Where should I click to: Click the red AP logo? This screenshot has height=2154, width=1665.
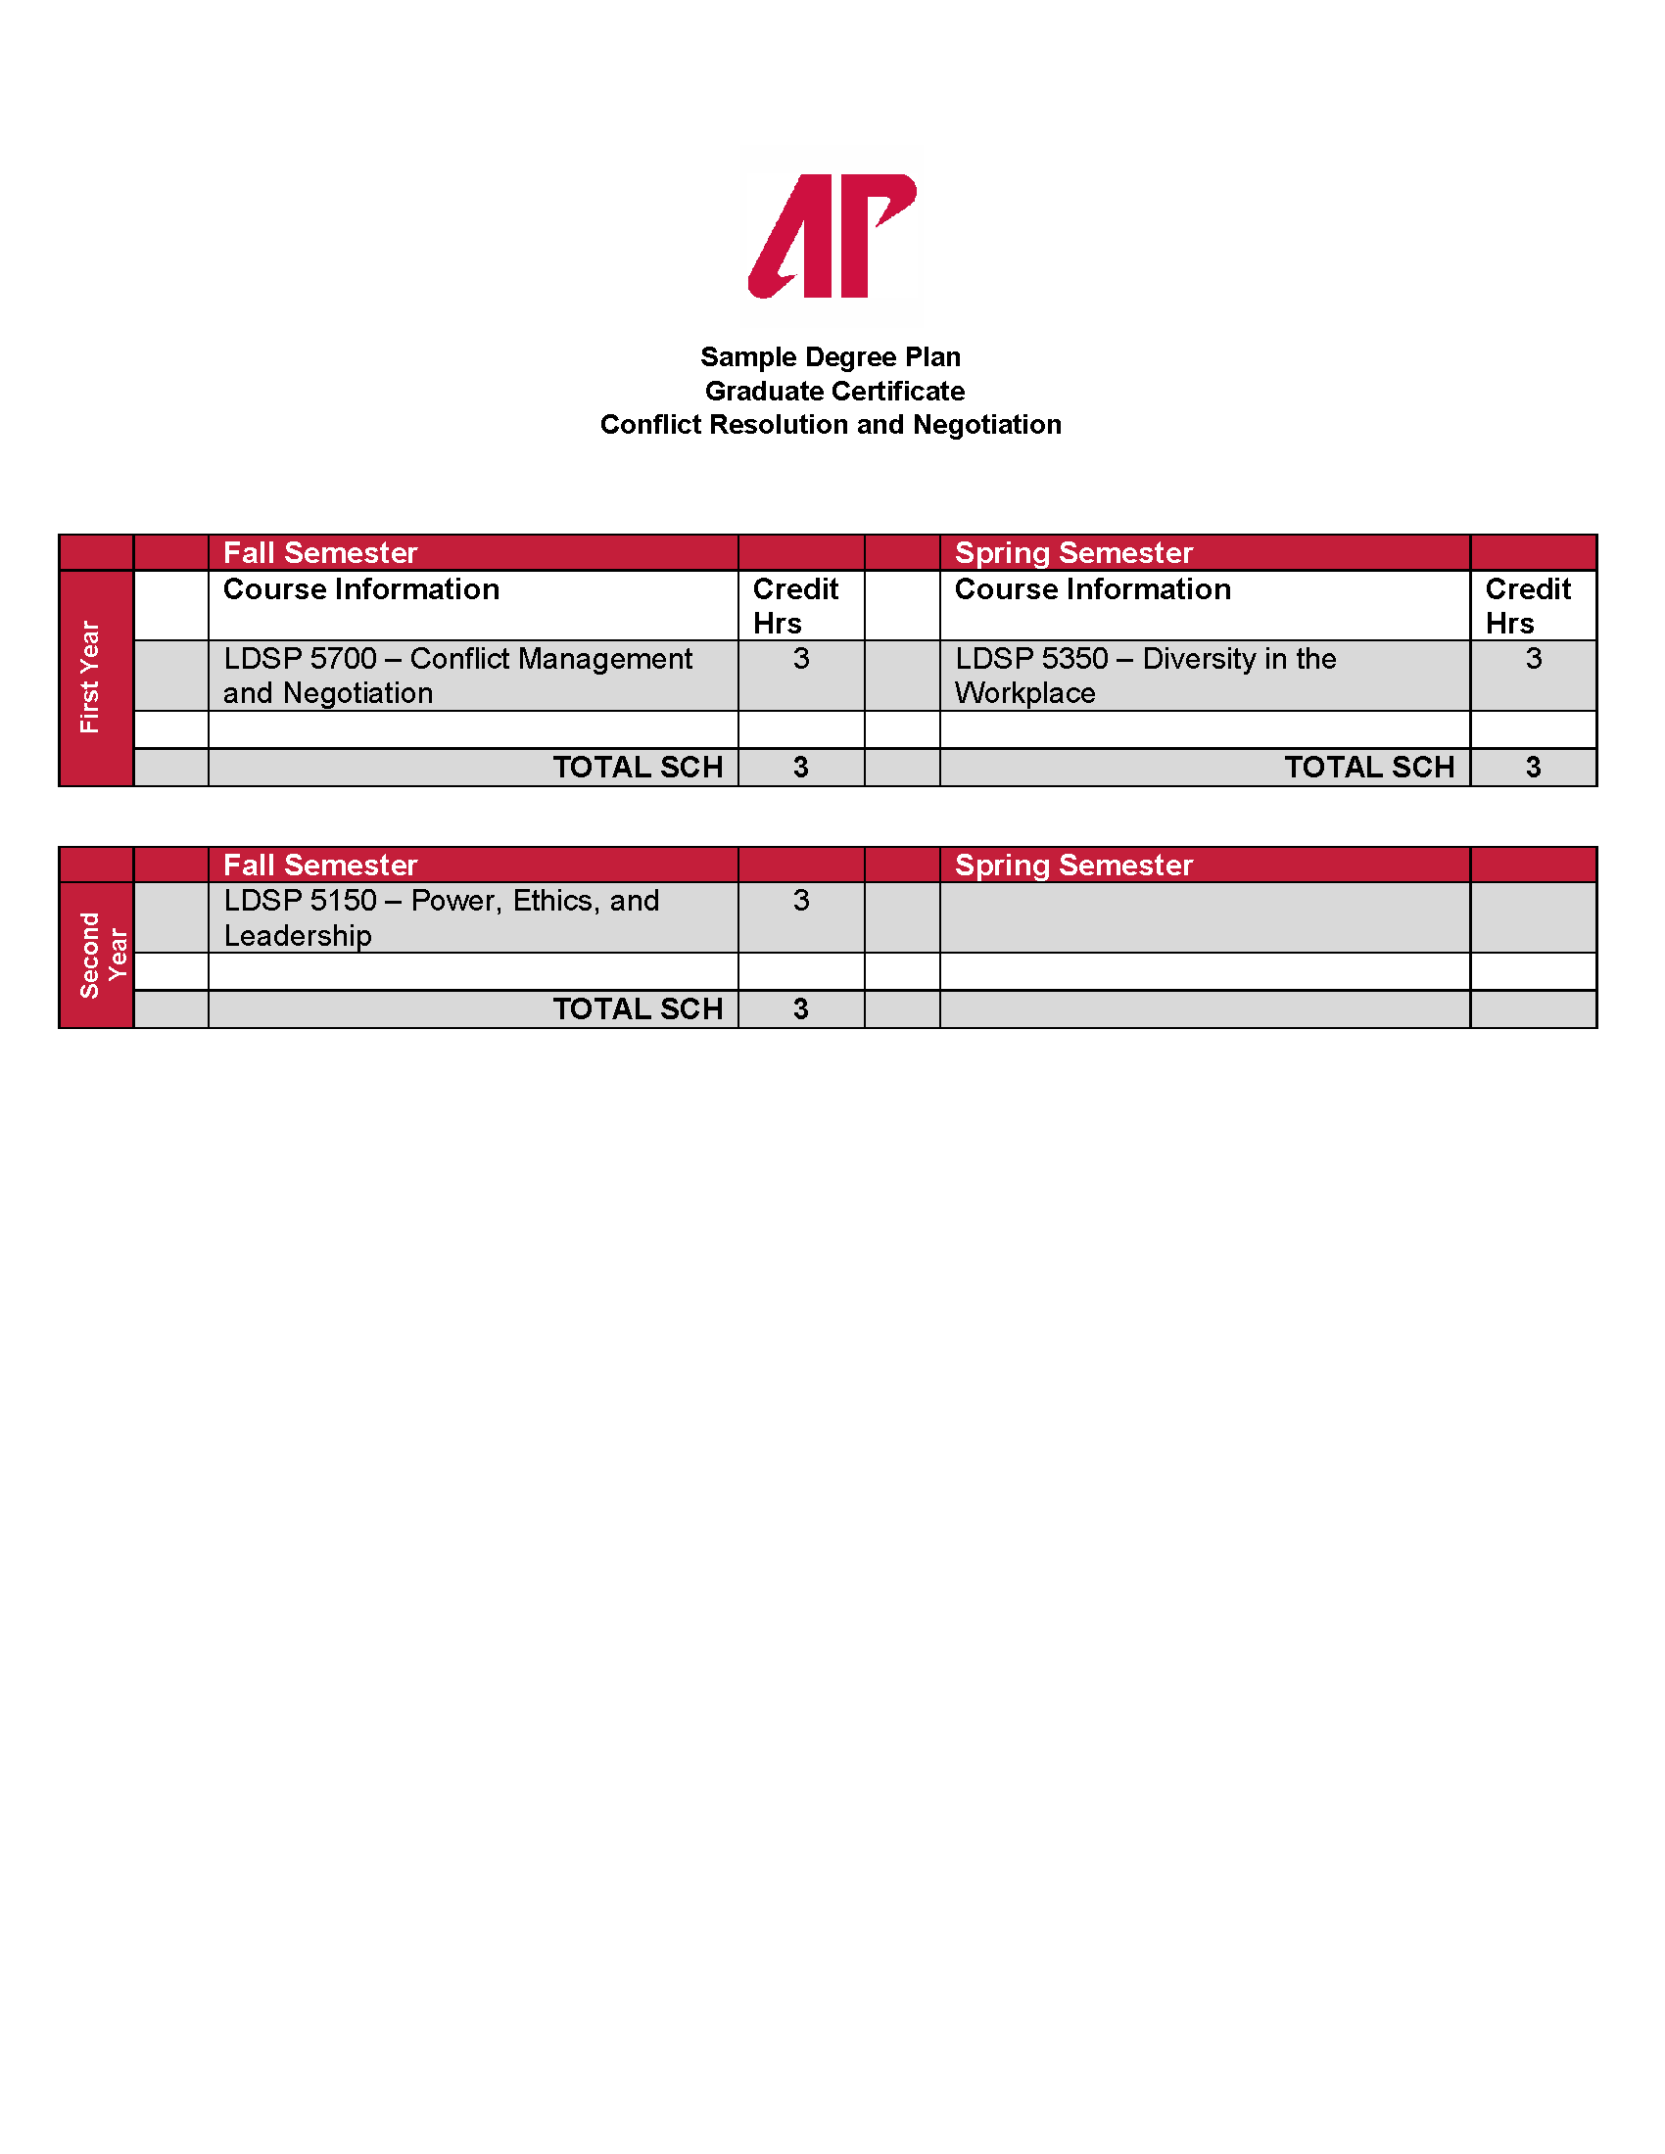tap(832, 236)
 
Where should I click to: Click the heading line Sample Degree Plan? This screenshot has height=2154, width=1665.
tap(831, 356)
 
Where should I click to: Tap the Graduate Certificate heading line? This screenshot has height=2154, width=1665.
tap(834, 391)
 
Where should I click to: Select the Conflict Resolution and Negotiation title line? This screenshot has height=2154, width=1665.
tap(831, 424)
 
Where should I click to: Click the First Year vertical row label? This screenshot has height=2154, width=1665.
tap(91, 677)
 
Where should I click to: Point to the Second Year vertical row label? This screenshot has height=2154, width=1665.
tap(102, 954)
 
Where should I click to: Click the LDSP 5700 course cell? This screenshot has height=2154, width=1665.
tap(457, 676)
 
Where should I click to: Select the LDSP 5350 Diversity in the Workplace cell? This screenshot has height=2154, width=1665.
tap(1145, 676)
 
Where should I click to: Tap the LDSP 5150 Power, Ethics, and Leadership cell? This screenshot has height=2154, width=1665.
tap(441, 917)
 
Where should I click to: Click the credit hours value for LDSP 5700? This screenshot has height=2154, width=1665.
tap(801, 659)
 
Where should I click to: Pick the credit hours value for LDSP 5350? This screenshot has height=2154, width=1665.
tap(1533, 659)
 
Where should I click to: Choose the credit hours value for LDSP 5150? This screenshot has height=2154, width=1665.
tap(801, 901)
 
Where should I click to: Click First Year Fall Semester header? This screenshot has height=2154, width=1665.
tap(320, 552)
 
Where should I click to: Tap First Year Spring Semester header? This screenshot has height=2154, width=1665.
tap(1073, 552)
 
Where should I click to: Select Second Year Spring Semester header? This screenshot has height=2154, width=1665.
tap(1073, 865)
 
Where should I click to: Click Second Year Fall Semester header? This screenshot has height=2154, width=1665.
tap(320, 865)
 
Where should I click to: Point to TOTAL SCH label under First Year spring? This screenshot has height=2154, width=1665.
tap(1369, 768)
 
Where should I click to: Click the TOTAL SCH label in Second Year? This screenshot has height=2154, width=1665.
tap(638, 1008)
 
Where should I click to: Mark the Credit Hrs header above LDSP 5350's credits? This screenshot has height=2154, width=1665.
tap(1527, 605)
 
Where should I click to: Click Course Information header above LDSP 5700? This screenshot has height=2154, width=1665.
tap(361, 589)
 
